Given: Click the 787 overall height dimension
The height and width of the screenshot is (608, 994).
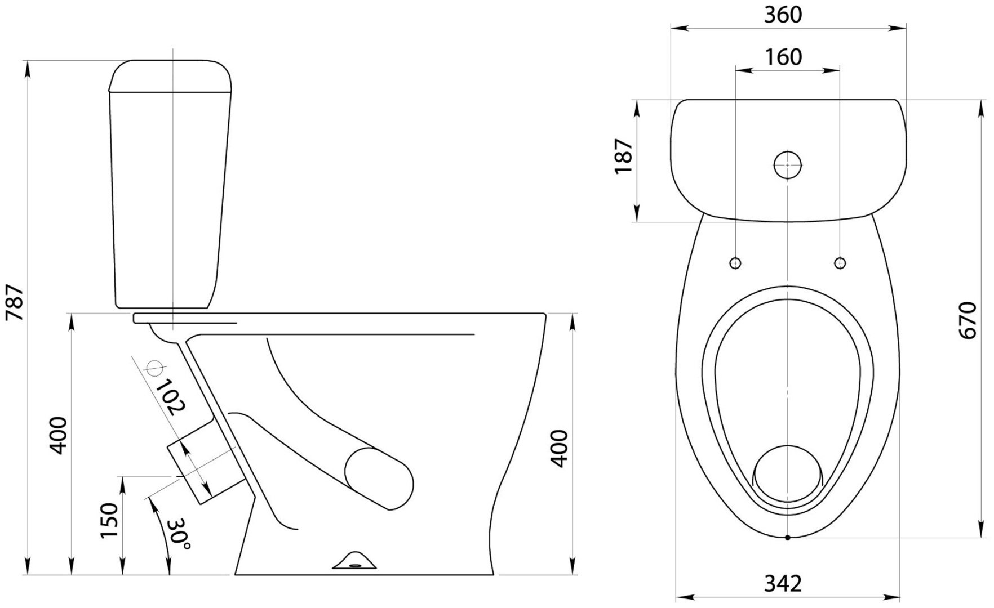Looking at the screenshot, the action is (14, 302).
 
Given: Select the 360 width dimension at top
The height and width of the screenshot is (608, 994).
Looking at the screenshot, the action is (783, 15).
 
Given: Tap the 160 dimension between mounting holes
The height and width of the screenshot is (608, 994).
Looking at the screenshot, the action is (783, 57).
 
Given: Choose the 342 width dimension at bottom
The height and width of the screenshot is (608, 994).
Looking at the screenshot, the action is (783, 584).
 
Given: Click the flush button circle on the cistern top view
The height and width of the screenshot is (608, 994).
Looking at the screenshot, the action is (788, 165).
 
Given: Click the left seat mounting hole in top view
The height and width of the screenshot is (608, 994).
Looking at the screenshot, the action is (736, 262).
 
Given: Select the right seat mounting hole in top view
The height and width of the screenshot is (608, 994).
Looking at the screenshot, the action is (840, 262).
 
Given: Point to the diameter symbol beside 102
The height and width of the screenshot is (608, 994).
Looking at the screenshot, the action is (154, 368).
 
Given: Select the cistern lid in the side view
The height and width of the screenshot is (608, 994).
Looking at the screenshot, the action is (170, 75).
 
